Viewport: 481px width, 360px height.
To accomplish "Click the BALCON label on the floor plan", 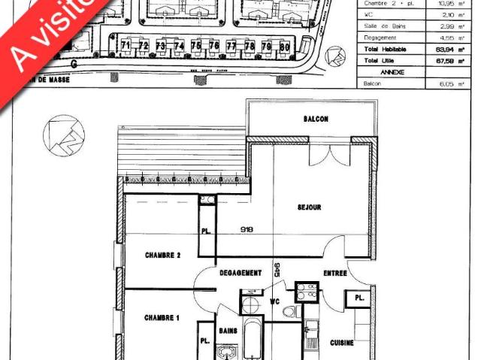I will (x=316, y=119).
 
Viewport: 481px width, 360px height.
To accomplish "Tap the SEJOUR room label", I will (x=310, y=207).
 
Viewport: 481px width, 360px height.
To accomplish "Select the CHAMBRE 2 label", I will (x=162, y=256).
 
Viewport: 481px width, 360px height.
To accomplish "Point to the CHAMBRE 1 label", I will (x=162, y=318).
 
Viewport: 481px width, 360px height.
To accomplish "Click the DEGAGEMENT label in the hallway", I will (x=241, y=273).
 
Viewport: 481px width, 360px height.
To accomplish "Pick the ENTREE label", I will (x=334, y=273).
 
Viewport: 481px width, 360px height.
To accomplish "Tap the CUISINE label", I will (x=342, y=343).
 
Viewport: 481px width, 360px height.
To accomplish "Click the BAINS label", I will (x=228, y=331).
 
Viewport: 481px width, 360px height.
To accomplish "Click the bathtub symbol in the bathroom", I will (x=253, y=342).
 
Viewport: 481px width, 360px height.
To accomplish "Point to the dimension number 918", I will (x=247, y=228).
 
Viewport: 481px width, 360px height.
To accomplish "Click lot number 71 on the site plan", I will (x=125, y=46).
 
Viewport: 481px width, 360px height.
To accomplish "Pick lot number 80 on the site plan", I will (x=284, y=46).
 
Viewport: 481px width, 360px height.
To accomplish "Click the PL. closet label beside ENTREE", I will (x=360, y=298).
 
